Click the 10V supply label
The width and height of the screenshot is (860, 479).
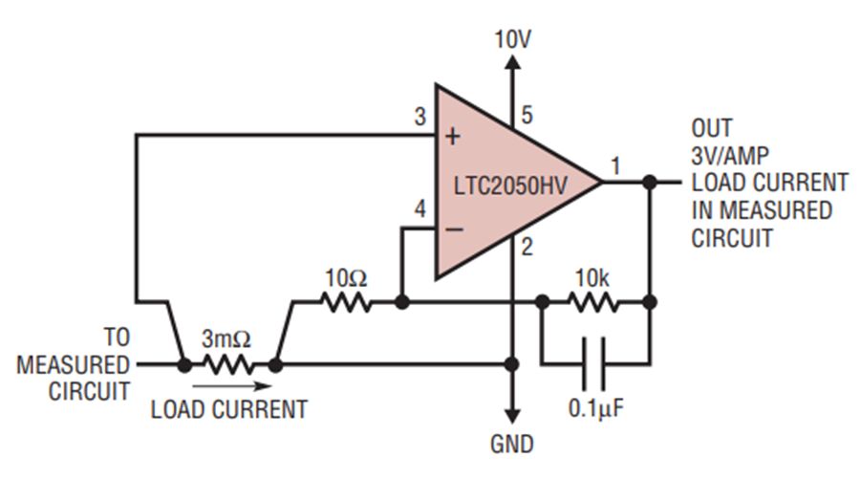513,39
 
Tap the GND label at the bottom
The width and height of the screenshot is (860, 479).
512,444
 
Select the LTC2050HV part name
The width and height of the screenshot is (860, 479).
510,185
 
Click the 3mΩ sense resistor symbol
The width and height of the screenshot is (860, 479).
228,364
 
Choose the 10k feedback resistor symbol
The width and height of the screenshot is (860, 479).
594,302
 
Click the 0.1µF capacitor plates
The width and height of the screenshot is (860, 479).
594,363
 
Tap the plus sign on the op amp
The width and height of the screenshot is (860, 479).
453,136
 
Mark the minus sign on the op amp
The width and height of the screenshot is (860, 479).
454,229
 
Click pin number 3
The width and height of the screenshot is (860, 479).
420,117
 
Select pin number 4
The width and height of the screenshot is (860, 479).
420,209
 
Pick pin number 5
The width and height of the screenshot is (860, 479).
527,116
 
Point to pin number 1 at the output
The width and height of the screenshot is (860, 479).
615,165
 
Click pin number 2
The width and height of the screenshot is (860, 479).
527,248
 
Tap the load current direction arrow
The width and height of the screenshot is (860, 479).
232,386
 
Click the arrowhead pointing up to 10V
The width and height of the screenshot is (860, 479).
512,61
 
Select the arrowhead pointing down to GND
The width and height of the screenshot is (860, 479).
512,416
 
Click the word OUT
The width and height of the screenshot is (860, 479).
711,128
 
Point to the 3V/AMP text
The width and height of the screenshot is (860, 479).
730,156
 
